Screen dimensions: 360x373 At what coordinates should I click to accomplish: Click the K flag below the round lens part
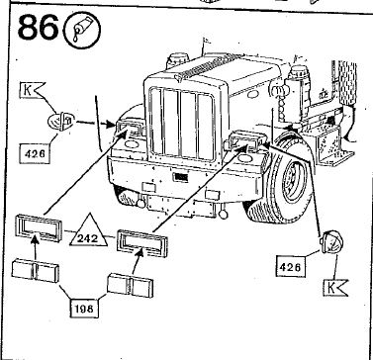(x=337, y=288)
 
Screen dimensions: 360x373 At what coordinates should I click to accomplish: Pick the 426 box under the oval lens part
(x=34, y=155)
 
